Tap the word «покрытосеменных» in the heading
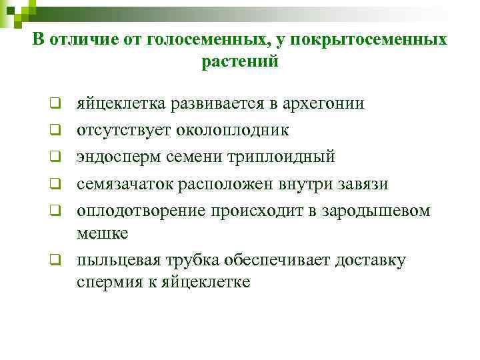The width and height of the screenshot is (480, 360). pyautogui.click(x=372, y=40)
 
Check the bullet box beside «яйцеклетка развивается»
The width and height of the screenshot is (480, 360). pyautogui.click(x=58, y=104)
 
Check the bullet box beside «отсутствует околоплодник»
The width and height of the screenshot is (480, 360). pyautogui.click(x=58, y=130)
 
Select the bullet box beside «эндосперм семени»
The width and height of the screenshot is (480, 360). pyautogui.click(x=58, y=157)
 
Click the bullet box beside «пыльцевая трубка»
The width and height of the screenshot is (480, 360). pyautogui.click(x=58, y=260)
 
